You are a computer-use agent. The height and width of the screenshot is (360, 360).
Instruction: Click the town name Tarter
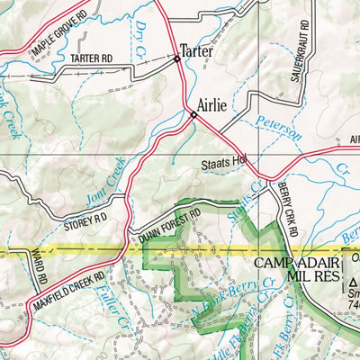click(196, 51)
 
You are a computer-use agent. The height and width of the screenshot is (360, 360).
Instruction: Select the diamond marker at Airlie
click(193, 114)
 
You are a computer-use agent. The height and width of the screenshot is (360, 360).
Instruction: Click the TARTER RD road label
click(90, 58)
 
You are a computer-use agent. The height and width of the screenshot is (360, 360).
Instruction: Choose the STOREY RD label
click(85, 217)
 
